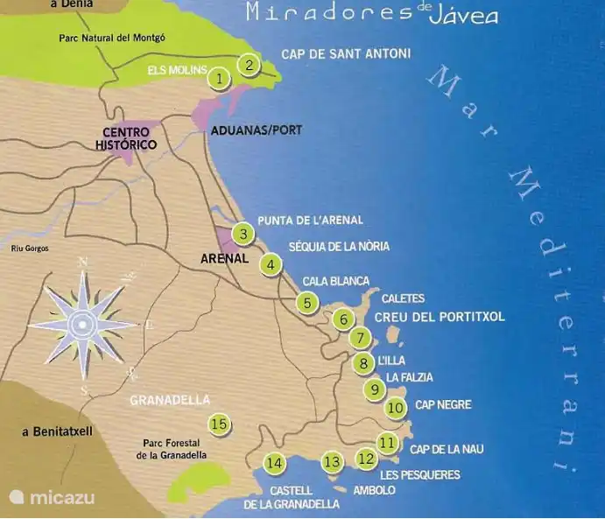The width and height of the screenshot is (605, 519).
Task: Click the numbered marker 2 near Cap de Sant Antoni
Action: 250,64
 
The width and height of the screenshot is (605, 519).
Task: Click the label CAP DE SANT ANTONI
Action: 345,54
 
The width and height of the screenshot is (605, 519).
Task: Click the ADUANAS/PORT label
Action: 256,130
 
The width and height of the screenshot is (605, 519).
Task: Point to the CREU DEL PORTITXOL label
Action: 440,317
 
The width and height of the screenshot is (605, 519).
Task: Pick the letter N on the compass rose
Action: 83,263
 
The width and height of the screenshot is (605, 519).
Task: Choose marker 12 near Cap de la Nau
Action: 366,458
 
